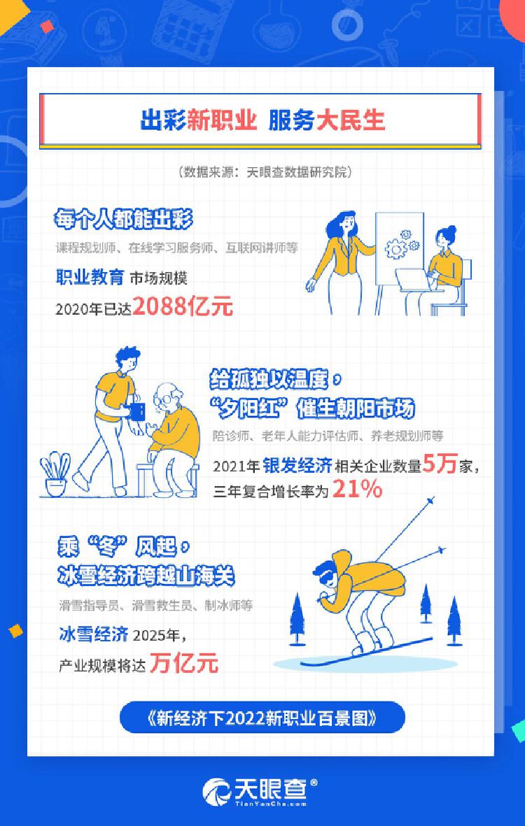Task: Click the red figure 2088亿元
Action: (x=183, y=306)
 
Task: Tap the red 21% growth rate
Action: (x=357, y=490)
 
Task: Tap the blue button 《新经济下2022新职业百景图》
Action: (x=262, y=718)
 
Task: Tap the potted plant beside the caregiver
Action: (x=55, y=473)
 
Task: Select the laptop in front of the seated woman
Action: (x=414, y=280)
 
